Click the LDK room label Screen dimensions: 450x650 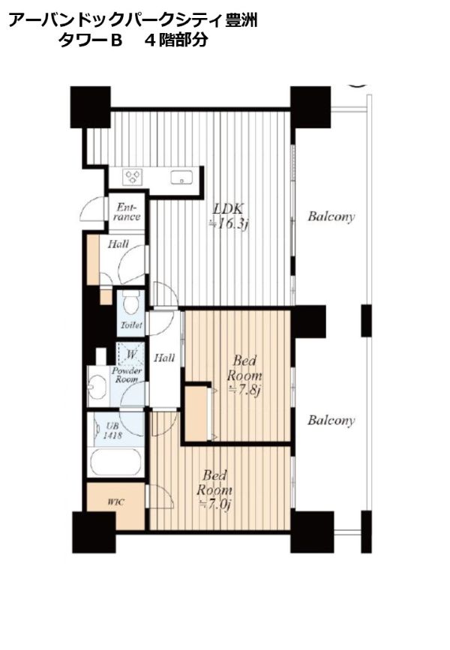[x=228, y=208]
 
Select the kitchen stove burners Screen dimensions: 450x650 [x=133, y=177]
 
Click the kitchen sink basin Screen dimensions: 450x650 [x=181, y=178]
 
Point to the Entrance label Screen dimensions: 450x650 [x=127, y=211]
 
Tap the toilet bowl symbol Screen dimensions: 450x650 [x=132, y=303]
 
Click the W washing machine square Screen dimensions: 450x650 [x=131, y=354]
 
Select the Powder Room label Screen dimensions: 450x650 [x=127, y=375]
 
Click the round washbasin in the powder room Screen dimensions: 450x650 [x=98, y=386]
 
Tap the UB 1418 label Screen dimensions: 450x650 [x=112, y=430]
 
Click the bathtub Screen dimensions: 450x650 [x=116, y=463]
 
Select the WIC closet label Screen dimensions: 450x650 [x=115, y=502]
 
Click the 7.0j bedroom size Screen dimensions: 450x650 [x=214, y=505]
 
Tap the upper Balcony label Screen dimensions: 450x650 [x=331, y=217]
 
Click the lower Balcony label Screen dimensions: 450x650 [x=331, y=421]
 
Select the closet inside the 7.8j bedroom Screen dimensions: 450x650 [x=197, y=413]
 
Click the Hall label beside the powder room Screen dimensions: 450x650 [x=164, y=358]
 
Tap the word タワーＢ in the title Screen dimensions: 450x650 [x=89, y=40]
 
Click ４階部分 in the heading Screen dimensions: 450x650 [x=176, y=40]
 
